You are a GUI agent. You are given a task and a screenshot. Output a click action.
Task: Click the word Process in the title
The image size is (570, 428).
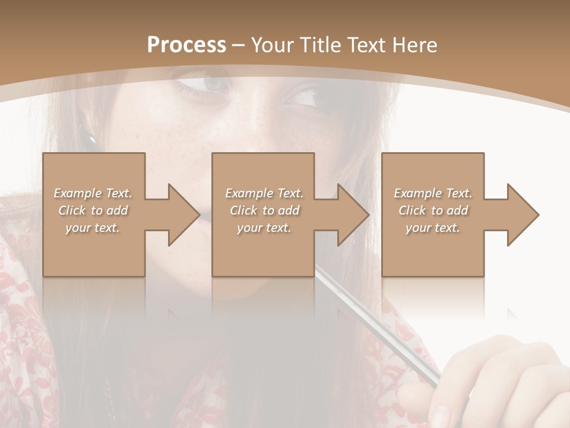[186, 45]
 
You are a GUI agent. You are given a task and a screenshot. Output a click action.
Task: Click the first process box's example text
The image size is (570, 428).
[93, 210]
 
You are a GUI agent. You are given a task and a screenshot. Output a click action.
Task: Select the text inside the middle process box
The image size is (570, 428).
[264, 210]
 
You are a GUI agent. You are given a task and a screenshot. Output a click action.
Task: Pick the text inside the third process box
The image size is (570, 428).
[432, 210]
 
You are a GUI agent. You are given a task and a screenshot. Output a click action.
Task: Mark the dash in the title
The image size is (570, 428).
[239, 45]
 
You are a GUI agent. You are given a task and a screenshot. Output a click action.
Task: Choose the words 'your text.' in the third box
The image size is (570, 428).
[432, 228]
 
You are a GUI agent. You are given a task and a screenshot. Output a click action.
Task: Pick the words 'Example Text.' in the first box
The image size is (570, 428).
[93, 193]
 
